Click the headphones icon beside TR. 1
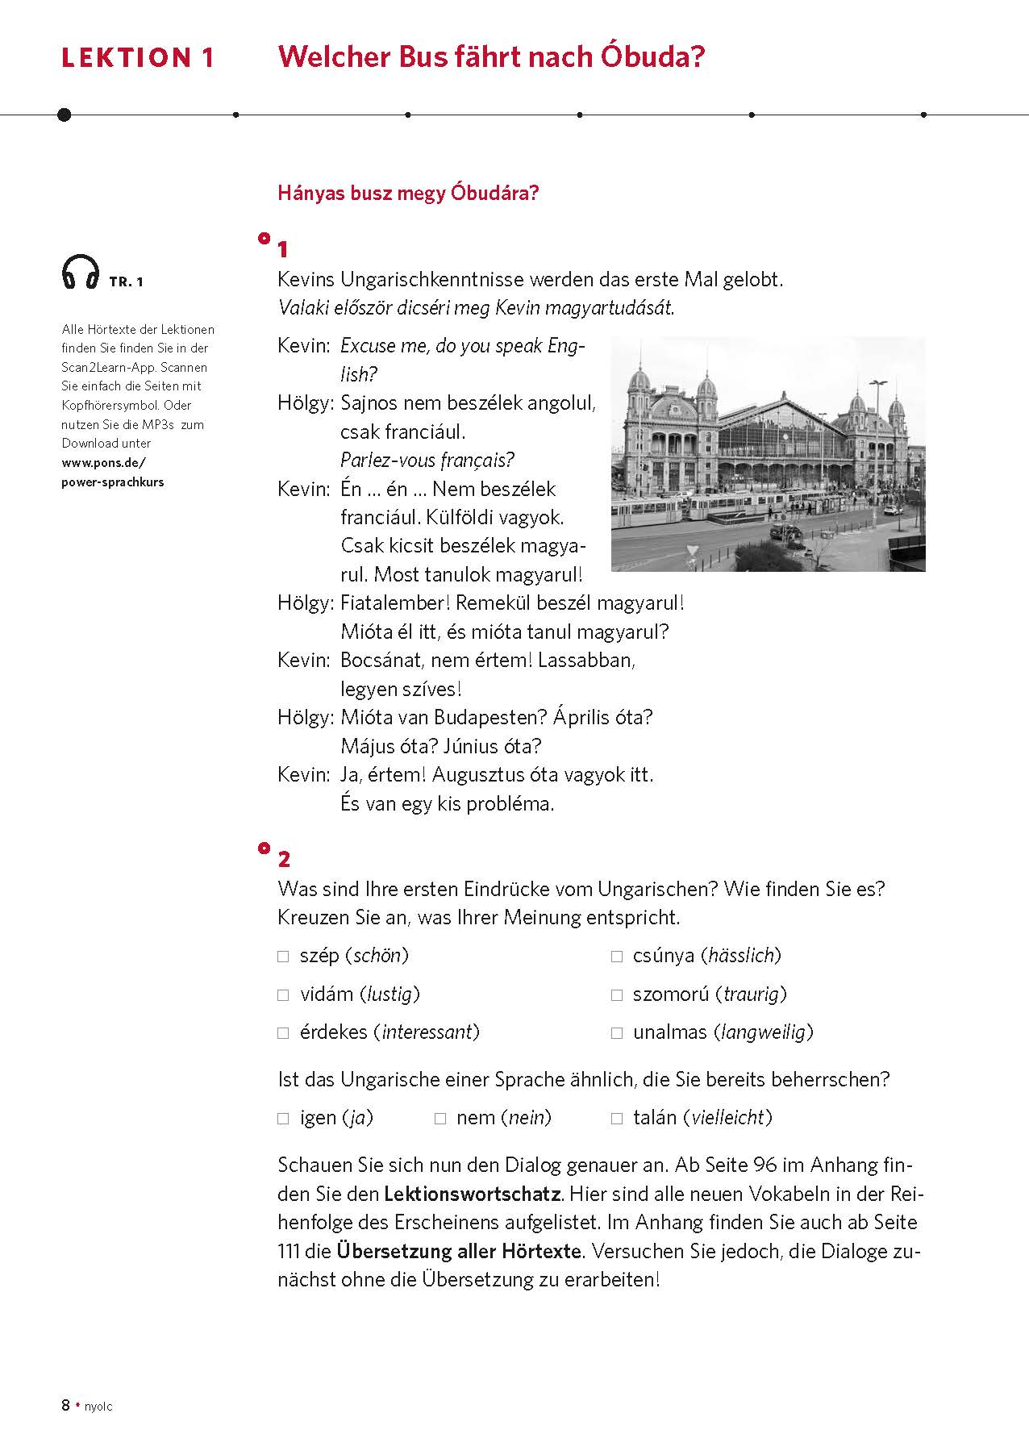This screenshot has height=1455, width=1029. pyautogui.click(x=80, y=272)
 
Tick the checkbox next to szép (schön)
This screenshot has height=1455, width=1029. pyautogui.click(x=283, y=957)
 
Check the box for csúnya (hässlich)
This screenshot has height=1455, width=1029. pyautogui.click(x=617, y=957)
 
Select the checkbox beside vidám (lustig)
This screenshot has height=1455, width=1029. pyautogui.click(x=283, y=995)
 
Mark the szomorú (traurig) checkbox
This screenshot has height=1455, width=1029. pyautogui.click(x=617, y=995)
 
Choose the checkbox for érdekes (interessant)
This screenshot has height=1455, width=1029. pyautogui.click(x=283, y=1033)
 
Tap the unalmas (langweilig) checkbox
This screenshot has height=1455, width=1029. pyautogui.click(x=617, y=1033)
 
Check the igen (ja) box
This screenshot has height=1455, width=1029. pyautogui.click(x=283, y=1119)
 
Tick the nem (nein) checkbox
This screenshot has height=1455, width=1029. pyautogui.click(x=440, y=1119)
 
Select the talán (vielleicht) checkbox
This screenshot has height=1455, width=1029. pyautogui.click(x=617, y=1119)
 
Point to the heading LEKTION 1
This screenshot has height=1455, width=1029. pyautogui.click(x=138, y=58)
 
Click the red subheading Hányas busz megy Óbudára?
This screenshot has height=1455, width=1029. pyautogui.click(x=407, y=194)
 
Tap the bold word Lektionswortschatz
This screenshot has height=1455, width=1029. pyautogui.click(x=472, y=1194)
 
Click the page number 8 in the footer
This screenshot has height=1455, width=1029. pyautogui.click(x=65, y=1406)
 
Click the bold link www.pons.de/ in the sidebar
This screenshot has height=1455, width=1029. pyautogui.click(x=103, y=463)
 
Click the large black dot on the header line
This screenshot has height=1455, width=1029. pyautogui.click(x=65, y=115)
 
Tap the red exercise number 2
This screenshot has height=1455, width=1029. pyautogui.click(x=284, y=859)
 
